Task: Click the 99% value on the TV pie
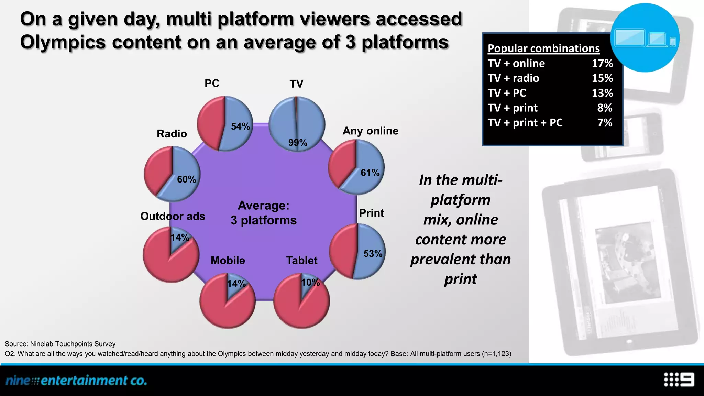[x=298, y=142]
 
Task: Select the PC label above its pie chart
[x=212, y=83]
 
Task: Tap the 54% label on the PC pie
[x=240, y=126]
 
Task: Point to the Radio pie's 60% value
[x=186, y=179]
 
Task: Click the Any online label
[x=370, y=131]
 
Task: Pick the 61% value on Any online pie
[x=370, y=173]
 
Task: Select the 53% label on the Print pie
[x=373, y=254]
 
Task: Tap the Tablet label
[x=302, y=260]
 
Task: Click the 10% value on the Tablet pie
[x=310, y=283]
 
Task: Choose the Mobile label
[x=228, y=260]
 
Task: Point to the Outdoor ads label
[x=173, y=216]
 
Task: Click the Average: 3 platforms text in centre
[x=263, y=213]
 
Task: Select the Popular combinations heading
[x=543, y=48]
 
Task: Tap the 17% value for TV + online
[x=602, y=63]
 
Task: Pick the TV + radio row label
[x=513, y=78]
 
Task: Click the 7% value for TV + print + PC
[x=605, y=123]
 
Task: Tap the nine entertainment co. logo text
[x=76, y=380]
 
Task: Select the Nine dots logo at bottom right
[x=679, y=379]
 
